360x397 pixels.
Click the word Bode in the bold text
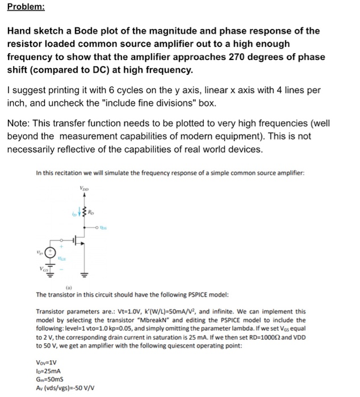(82, 31)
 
